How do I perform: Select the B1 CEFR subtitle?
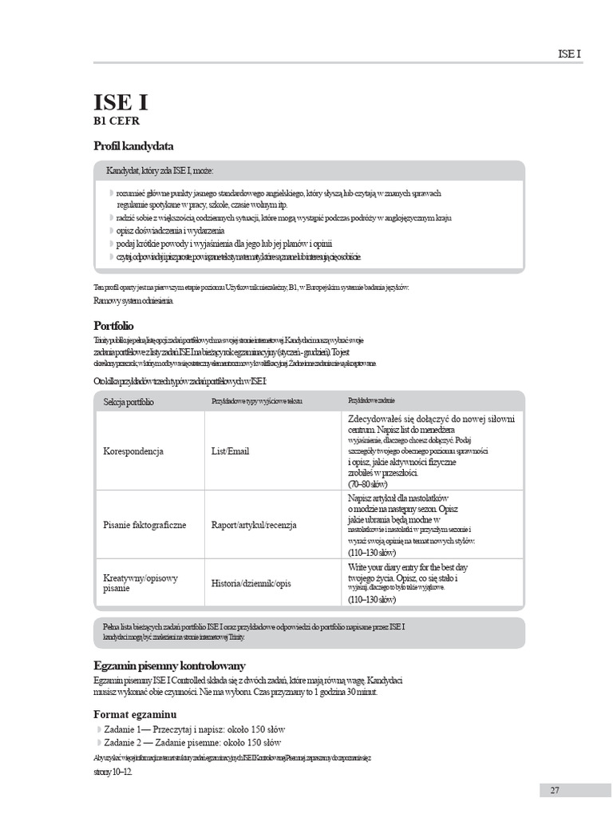coord(119,122)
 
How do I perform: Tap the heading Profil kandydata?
coord(133,146)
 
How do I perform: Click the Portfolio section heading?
coord(113,326)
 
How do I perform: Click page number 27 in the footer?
coord(554,790)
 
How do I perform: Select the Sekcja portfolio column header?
coord(129,401)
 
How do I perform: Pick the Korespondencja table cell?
coord(133,451)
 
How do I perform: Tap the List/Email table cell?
coord(230,451)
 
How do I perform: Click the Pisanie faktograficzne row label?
coord(144,525)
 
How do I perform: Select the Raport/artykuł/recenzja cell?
coord(254,525)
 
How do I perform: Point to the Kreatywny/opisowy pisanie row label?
coord(140,583)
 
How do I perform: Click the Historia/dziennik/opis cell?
coord(251,583)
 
